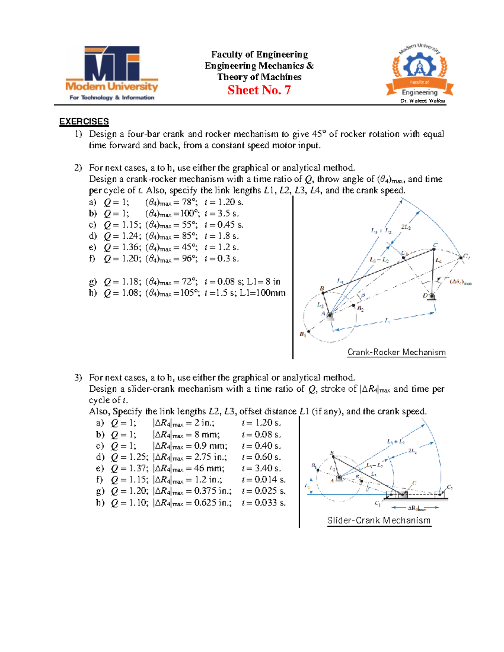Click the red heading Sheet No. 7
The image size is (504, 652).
(259, 90)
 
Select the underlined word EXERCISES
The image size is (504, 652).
(84, 122)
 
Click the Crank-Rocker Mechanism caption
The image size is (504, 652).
(396, 352)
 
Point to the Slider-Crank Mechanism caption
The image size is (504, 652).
(379, 521)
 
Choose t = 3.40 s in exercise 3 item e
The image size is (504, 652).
(261, 469)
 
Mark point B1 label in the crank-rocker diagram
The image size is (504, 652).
(302, 335)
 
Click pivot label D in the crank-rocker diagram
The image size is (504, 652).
(425, 296)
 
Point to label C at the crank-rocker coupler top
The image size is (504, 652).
(435, 245)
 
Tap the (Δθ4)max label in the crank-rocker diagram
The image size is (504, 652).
(461, 282)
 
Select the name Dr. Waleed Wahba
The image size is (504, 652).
(423, 101)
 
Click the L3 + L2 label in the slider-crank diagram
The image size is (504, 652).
(396, 441)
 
